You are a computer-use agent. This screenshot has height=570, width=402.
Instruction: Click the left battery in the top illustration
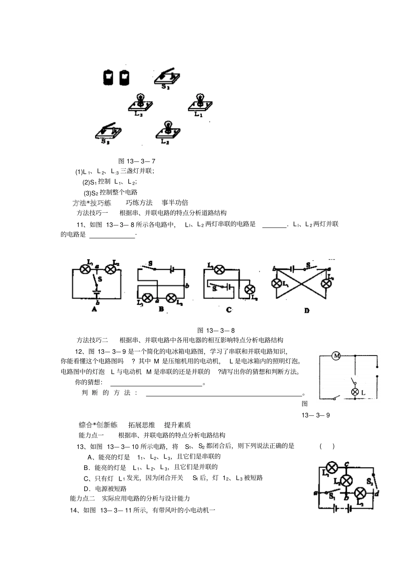[109, 77]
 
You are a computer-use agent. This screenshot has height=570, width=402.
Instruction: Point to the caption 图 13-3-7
[137, 161]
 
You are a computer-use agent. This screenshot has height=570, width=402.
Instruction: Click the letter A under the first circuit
[94, 309]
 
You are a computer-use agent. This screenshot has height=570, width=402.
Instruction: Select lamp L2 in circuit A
[111, 269]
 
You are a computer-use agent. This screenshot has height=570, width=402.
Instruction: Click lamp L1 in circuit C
[219, 269]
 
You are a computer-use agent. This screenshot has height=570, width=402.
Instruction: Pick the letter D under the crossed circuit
[307, 310]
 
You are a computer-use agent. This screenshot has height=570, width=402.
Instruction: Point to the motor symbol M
[336, 356]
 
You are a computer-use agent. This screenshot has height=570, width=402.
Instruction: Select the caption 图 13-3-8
[216, 330]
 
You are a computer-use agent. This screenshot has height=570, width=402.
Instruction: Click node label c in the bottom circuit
[347, 463]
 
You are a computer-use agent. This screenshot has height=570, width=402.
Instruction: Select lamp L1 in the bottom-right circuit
[333, 467]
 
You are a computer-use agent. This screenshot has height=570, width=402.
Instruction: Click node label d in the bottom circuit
[377, 493]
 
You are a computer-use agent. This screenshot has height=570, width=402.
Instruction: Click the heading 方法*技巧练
[92, 203]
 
